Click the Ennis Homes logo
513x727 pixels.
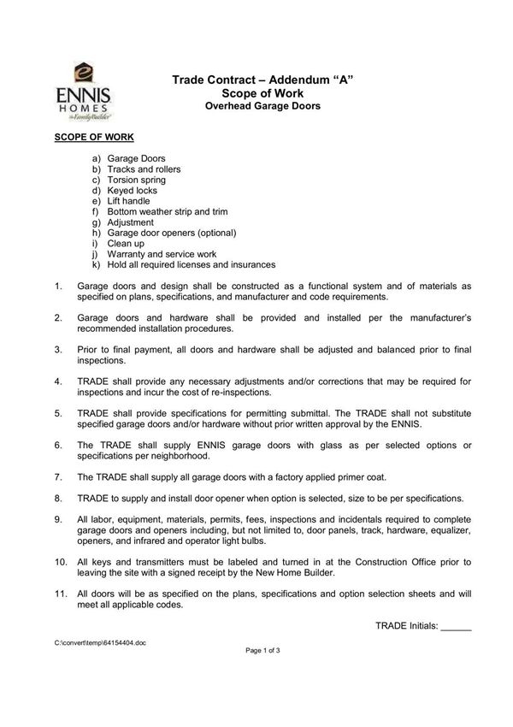83,89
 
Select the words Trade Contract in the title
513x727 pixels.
215,80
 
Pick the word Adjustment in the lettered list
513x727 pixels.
131,222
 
